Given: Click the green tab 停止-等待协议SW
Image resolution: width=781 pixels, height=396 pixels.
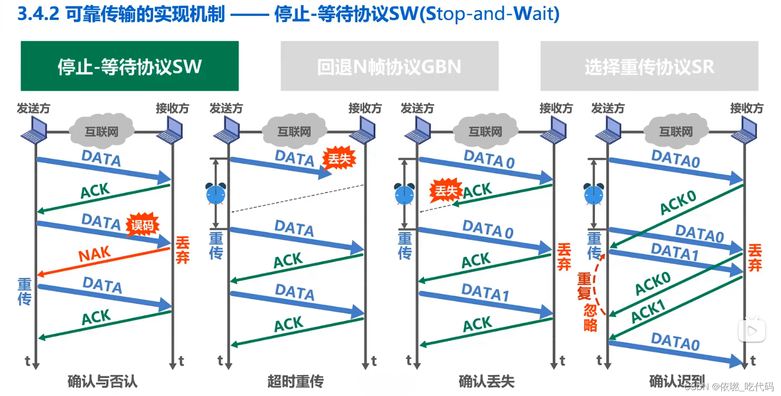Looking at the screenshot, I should point(129,66).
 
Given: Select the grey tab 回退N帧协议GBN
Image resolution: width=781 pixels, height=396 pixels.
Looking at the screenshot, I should point(389,66).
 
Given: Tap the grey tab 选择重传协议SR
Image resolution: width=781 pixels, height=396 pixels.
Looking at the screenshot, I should point(649,66).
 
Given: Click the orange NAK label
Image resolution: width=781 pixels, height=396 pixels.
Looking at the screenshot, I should point(95,254).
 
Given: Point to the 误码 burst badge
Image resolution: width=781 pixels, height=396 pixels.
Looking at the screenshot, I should point(143,225).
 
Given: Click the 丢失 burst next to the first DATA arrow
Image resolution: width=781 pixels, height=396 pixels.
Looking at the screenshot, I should point(339,159).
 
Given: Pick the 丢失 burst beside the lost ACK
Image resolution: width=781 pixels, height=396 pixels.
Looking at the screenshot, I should point(446,191).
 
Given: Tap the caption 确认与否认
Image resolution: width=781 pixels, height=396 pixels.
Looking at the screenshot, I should point(103,381).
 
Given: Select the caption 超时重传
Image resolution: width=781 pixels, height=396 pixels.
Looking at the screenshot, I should point(296,381).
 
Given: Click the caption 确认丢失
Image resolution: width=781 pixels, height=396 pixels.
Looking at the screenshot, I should point(486,381).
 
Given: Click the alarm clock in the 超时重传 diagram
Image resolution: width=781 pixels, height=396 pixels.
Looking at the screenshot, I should point(216,193).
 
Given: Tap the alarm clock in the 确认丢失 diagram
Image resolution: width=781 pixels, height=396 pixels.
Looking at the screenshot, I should point(404,193).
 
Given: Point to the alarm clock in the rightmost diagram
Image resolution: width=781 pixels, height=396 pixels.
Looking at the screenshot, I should point(594,193).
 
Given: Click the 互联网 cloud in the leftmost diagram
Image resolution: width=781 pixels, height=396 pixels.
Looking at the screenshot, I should point(102,131).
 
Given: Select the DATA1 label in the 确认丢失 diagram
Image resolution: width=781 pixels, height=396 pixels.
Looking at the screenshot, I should point(485,292).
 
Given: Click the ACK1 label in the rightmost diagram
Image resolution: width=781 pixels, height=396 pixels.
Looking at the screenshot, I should point(648,311).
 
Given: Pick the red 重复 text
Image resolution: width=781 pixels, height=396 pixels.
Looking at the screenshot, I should point(585,287).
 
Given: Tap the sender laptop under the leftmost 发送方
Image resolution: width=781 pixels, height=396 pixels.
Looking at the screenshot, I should point(34,131).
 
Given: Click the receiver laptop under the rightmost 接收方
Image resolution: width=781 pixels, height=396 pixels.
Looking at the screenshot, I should point(745,131).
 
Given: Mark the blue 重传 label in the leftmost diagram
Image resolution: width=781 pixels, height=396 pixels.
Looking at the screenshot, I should point(25,291).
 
